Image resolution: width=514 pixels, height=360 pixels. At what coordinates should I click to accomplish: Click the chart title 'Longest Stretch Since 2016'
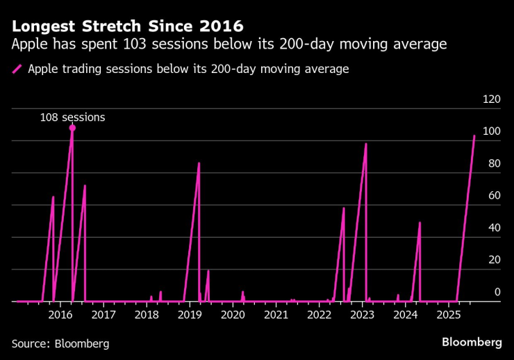[127, 26]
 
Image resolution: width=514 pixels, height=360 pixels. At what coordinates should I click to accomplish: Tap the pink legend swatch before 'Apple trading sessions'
[17, 69]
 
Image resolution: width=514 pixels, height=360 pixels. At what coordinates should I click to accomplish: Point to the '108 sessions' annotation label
[72, 117]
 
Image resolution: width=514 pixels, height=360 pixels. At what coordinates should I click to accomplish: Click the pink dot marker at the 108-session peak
[72, 128]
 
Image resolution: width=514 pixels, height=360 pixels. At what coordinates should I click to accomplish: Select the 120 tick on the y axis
[491, 99]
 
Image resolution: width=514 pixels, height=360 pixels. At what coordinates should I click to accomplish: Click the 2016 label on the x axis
[60, 315]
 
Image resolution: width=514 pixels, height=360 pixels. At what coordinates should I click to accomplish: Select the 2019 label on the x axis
[190, 315]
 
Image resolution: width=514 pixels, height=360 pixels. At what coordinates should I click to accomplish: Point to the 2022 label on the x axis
[320, 315]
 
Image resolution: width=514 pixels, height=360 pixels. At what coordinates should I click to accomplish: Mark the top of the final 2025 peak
[474, 136]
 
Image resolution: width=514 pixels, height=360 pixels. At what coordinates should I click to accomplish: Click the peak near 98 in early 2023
[365, 145]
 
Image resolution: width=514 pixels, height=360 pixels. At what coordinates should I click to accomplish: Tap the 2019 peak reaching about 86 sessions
[199, 163]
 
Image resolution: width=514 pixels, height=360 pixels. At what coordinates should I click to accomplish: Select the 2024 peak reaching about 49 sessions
[420, 223]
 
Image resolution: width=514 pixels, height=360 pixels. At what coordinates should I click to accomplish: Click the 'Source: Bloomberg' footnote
[60, 343]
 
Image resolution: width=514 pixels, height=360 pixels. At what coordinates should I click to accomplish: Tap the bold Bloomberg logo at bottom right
[472, 342]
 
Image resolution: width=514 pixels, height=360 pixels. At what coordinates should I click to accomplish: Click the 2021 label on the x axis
[276, 315]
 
